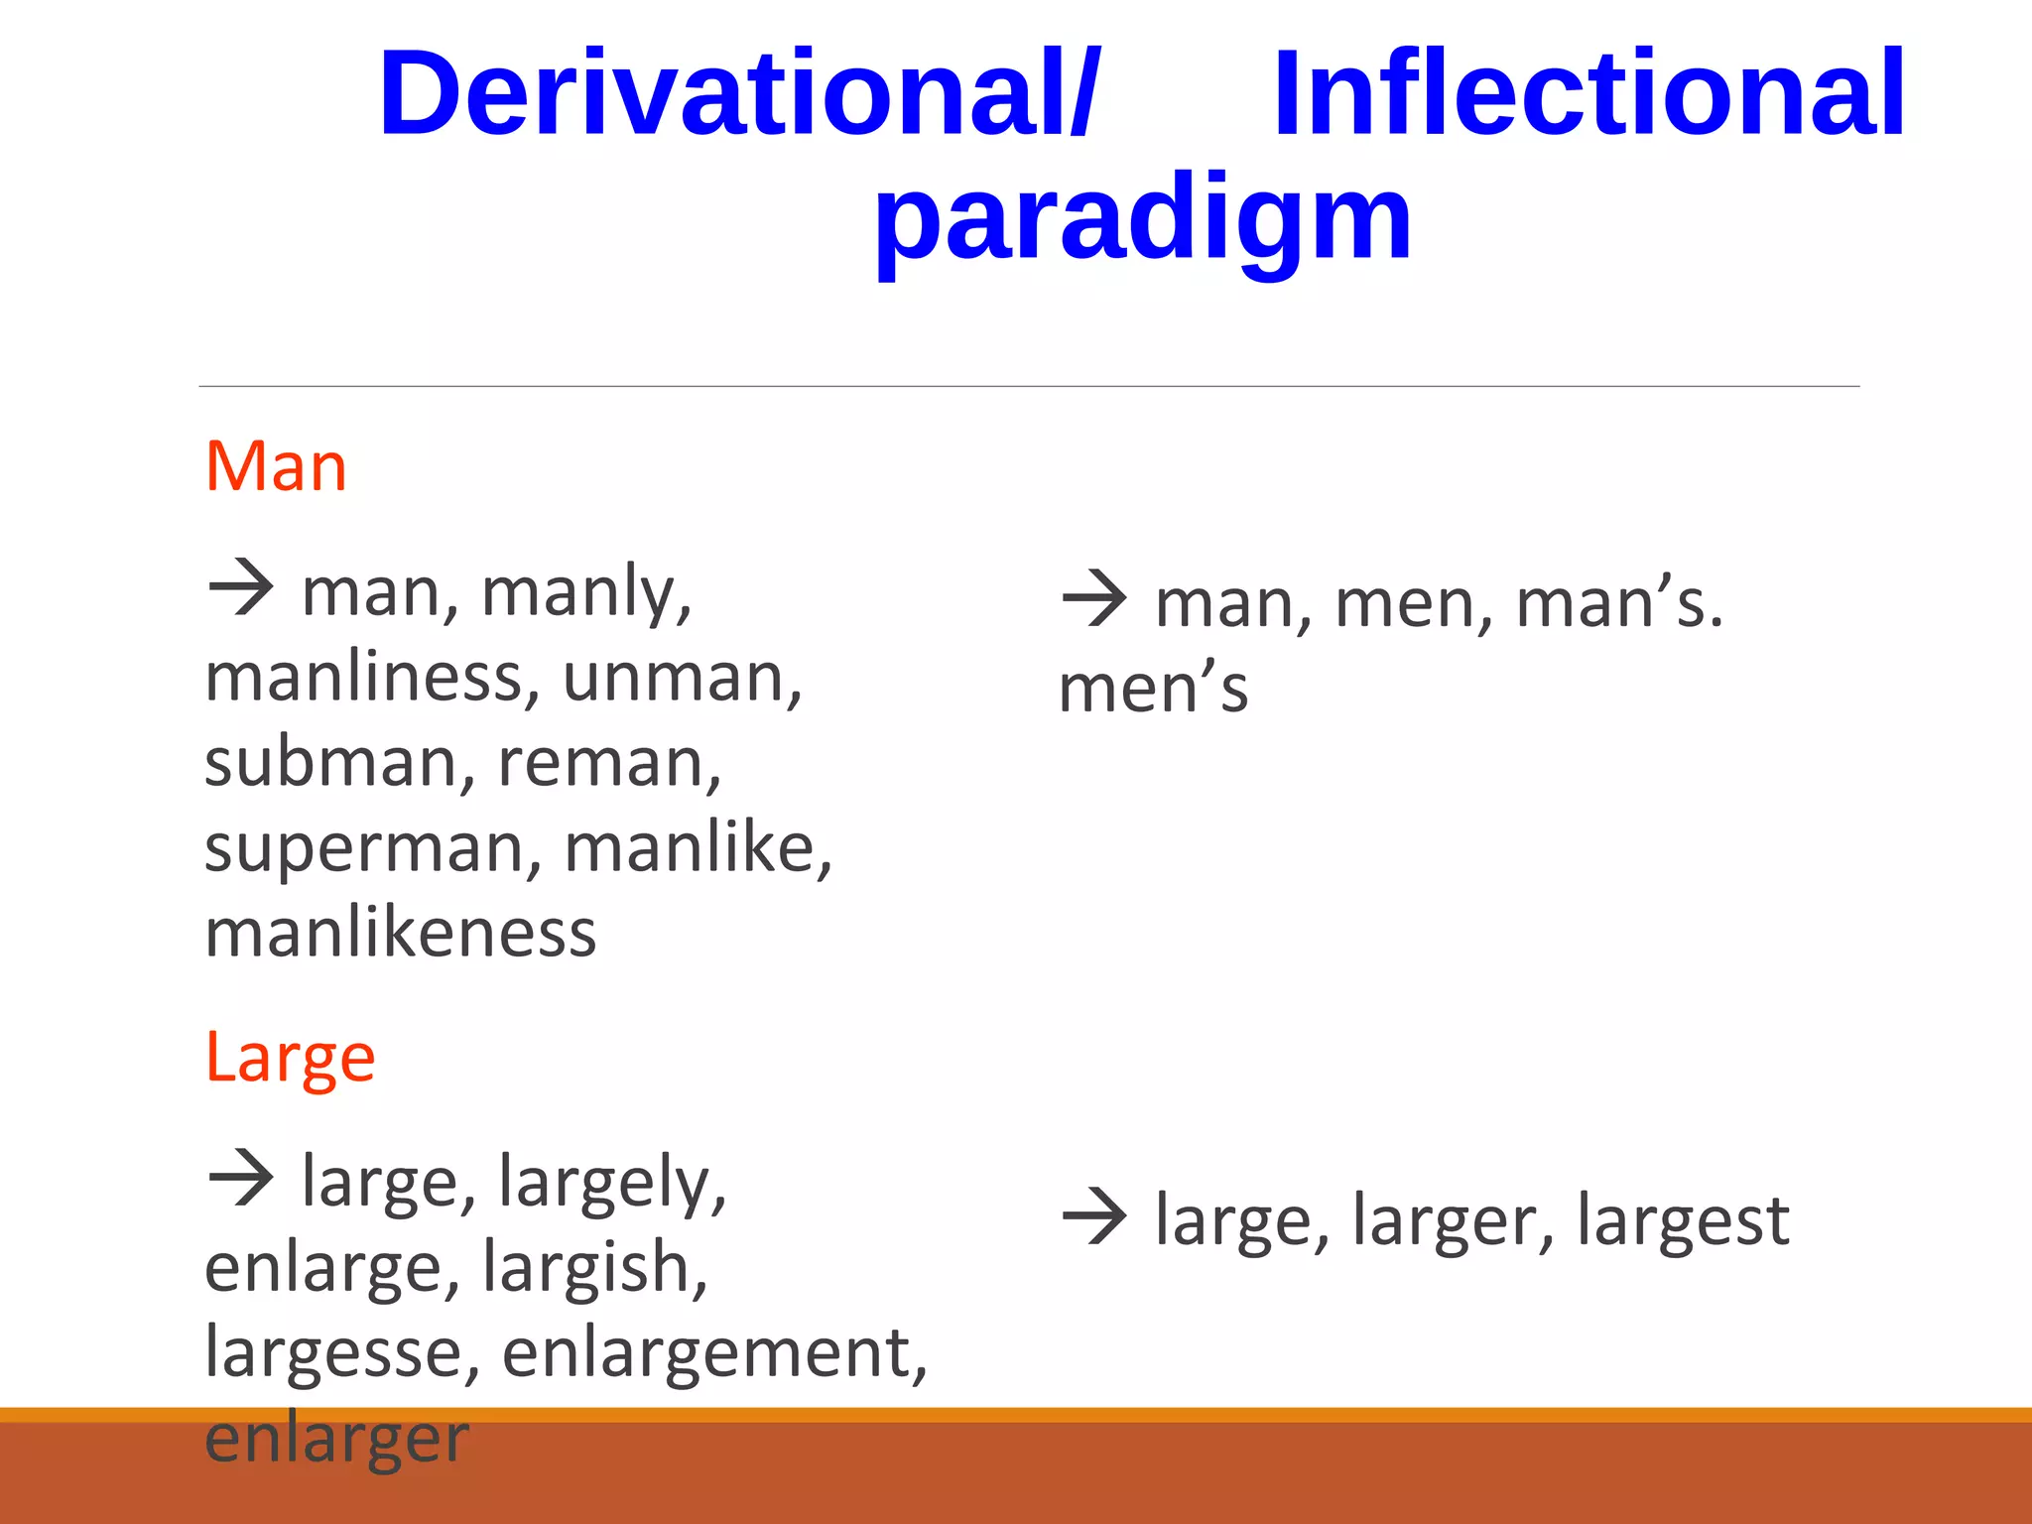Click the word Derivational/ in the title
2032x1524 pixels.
point(739,94)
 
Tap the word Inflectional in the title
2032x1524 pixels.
point(1588,94)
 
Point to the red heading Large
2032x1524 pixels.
point(290,1058)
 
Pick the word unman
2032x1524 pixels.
point(679,679)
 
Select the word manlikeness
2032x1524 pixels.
point(400,935)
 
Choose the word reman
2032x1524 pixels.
point(605,764)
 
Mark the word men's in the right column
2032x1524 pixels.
point(1153,689)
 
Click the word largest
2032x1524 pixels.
point(1683,1220)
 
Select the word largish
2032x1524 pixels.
point(592,1268)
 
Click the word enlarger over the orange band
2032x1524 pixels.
point(335,1439)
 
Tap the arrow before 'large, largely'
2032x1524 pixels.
point(241,1179)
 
